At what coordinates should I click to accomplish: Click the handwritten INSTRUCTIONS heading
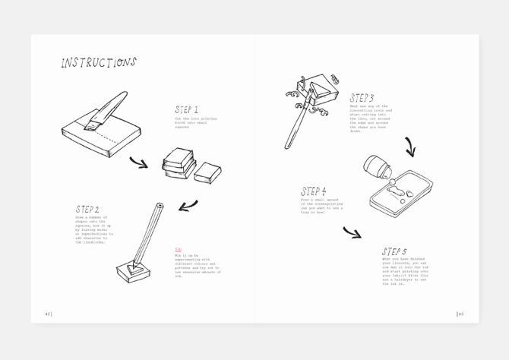pyautogui.click(x=99, y=63)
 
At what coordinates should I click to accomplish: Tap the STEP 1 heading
pyautogui.click(x=186, y=110)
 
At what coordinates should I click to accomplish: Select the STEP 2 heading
pyautogui.click(x=87, y=209)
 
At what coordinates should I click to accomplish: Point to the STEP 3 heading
pyautogui.click(x=362, y=98)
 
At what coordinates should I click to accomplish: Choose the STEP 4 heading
pyautogui.click(x=313, y=192)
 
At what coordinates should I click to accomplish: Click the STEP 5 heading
pyautogui.click(x=394, y=251)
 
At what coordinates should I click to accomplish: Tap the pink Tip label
pyautogui.click(x=179, y=249)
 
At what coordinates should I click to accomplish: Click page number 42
pyautogui.click(x=48, y=314)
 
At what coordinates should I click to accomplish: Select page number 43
pyautogui.click(x=460, y=314)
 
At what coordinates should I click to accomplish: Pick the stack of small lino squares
pyautogui.click(x=178, y=163)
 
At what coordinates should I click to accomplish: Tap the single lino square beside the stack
pyautogui.click(x=207, y=172)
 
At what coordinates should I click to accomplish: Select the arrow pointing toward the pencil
pyautogui.click(x=188, y=206)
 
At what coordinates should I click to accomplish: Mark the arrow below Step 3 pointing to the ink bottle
pyautogui.click(x=410, y=147)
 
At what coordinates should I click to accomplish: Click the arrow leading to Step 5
pyautogui.click(x=352, y=232)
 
